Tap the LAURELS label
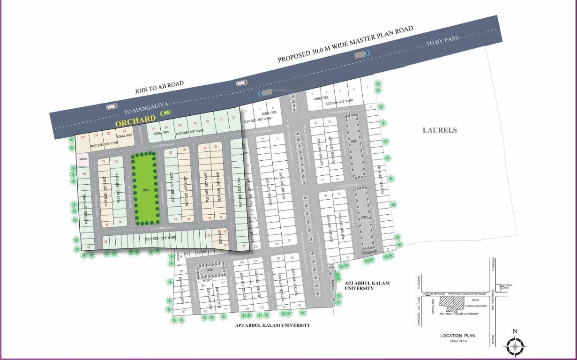[x=439, y=130]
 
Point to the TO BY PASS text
[x=442, y=41]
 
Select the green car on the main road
[x=165, y=113]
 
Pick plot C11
[x=82, y=137]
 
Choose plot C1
[x=233, y=118]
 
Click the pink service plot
[x=83, y=159]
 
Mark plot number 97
[x=89, y=247]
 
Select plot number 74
[x=103, y=162]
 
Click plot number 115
[x=208, y=236]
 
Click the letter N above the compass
[x=515, y=331]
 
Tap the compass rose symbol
[x=515, y=346]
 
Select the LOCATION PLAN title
[x=457, y=336]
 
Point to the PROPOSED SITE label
[x=477, y=306]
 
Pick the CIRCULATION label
[x=369, y=252]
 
